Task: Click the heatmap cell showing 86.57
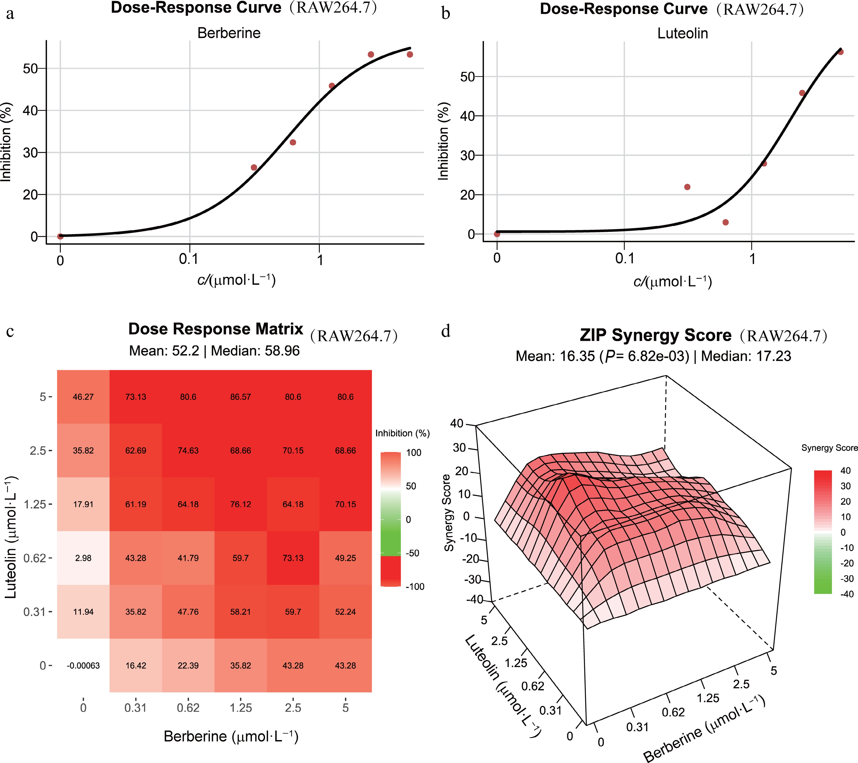click(x=241, y=397)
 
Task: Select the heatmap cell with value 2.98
click(x=83, y=558)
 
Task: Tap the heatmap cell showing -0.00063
click(x=83, y=666)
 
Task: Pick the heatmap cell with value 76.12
click(x=241, y=504)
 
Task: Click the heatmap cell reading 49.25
click(x=345, y=558)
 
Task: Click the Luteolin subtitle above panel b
click(x=683, y=34)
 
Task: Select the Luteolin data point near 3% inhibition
click(x=725, y=222)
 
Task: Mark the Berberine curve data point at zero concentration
click(x=60, y=236)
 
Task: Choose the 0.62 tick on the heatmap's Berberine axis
click(x=188, y=708)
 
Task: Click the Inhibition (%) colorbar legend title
click(x=402, y=433)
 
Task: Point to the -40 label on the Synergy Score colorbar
click(x=847, y=594)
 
